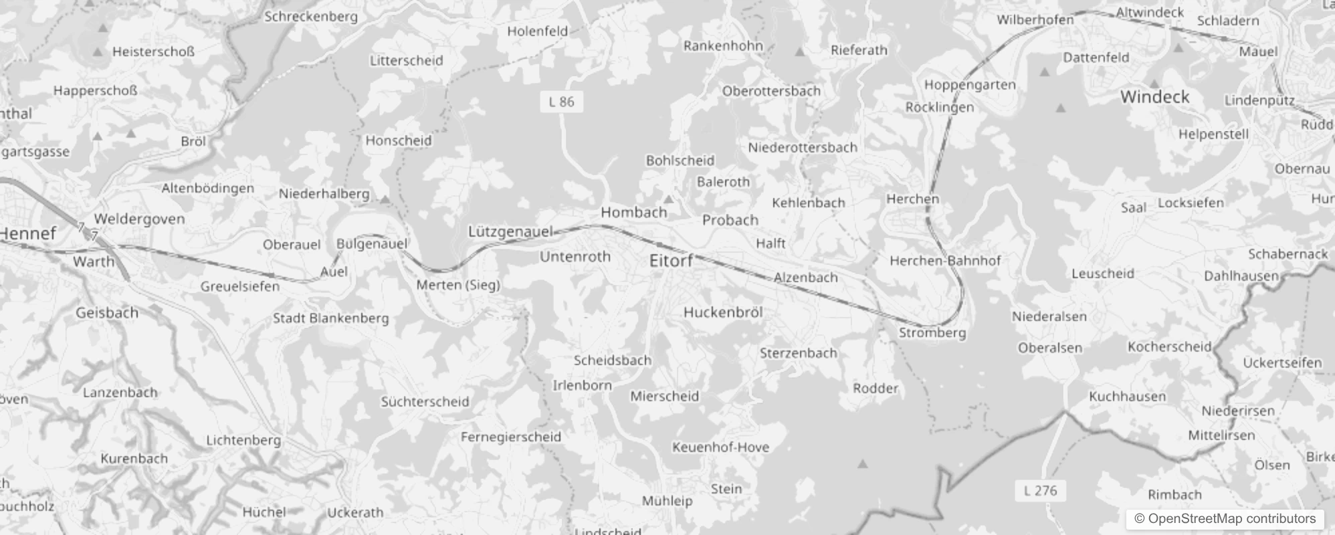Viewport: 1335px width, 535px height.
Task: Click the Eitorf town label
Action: click(671, 261)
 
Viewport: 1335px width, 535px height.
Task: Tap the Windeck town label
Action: click(1154, 97)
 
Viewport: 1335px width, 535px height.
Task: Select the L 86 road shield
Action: click(561, 102)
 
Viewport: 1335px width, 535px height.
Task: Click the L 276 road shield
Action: click(1040, 490)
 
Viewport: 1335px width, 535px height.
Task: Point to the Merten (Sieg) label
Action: click(458, 285)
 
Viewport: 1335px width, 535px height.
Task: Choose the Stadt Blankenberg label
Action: click(330, 318)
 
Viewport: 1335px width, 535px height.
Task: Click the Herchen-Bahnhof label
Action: click(944, 260)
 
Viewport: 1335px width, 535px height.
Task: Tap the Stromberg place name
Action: click(932, 332)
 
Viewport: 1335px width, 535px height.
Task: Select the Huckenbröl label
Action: click(722, 312)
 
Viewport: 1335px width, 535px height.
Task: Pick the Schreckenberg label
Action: click(311, 17)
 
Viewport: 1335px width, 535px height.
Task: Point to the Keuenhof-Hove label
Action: click(720, 447)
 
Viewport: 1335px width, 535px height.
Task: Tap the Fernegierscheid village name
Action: click(510, 437)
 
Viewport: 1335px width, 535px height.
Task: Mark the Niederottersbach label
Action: click(802, 147)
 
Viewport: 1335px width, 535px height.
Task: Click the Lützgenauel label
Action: click(510, 231)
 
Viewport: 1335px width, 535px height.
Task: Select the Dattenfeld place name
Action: click(1096, 58)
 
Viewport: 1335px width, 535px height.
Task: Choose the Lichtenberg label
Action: click(243, 440)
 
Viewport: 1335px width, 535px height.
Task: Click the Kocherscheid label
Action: click(1169, 346)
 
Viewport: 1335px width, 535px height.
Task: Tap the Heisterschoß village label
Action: click(153, 51)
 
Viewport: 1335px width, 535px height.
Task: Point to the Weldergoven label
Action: click(139, 219)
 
